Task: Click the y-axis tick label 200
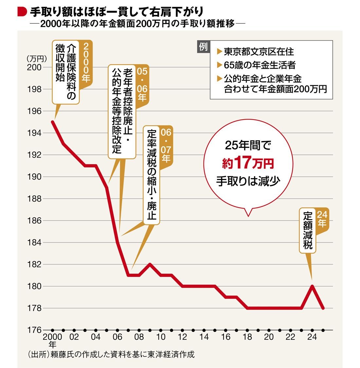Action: coord(34,67)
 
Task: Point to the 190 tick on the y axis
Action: coord(34,177)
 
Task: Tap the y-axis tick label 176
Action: coord(34,330)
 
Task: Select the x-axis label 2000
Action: coord(52,337)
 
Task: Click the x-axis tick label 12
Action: coord(182,337)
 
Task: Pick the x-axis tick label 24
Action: coord(312,337)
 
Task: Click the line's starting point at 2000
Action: coord(52,122)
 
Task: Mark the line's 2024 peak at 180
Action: coord(312,286)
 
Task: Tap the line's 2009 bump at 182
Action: coord(150,264)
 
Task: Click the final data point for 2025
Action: coord(323,308)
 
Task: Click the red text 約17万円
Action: coord(248,164)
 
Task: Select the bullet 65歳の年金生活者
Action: coord(260,65)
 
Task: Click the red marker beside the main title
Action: coord(22,12)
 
